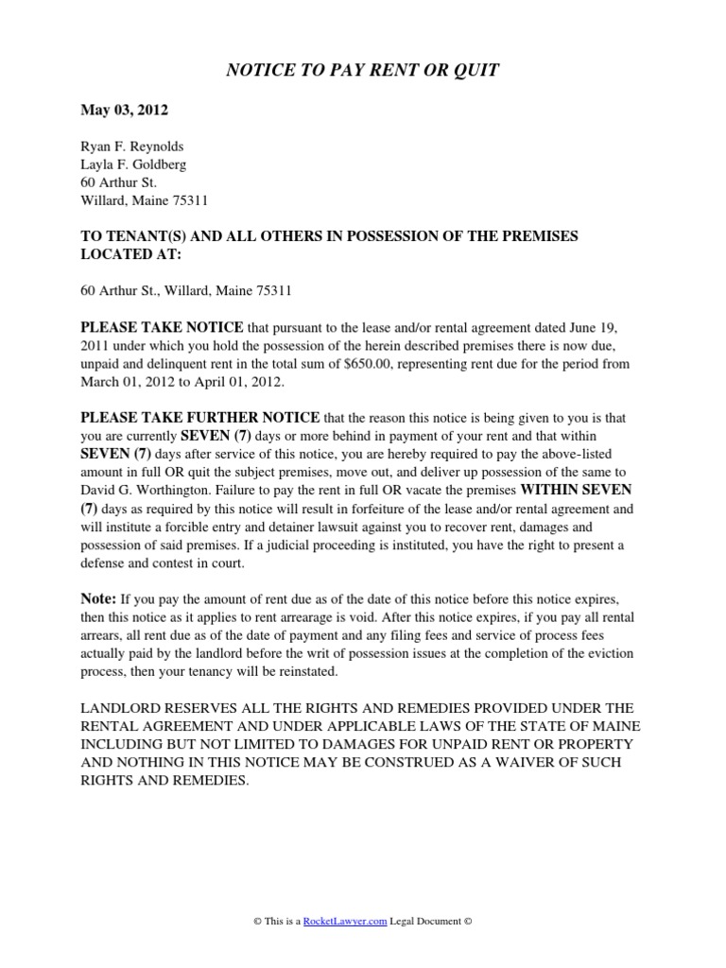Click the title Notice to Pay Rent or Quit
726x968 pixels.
[x=362, y=70]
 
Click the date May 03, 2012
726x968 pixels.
[x=124, y=111]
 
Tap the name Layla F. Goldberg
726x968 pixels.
[x=133, y=164]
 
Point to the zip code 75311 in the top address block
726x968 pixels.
[x=189, y=200]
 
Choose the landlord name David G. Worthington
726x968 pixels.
[x=147, y=490]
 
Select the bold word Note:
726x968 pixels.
[x=97, y=598]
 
